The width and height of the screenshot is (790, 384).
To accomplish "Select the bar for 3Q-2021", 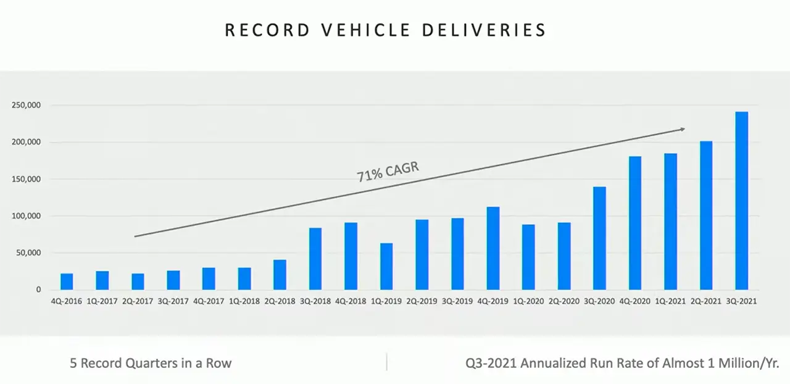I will [741, 201].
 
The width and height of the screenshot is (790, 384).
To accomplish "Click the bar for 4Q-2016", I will [67, 282].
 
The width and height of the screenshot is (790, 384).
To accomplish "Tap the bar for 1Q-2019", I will [386, 267].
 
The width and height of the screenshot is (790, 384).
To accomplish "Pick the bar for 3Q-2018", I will [315, 259].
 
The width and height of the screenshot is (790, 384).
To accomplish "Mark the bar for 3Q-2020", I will [599, 238].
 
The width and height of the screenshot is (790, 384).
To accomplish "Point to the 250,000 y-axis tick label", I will [26, 106].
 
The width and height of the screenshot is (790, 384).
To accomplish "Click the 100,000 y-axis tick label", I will [26, 216].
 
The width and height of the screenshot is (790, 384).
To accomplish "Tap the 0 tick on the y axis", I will [38, 290].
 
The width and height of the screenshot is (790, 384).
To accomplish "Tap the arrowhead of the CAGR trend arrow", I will [682, 129].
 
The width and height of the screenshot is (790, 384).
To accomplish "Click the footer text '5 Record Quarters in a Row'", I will [151, 363].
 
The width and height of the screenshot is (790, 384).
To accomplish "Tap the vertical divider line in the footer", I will [387, 362].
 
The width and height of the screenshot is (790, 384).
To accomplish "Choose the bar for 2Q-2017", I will [138, 282].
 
